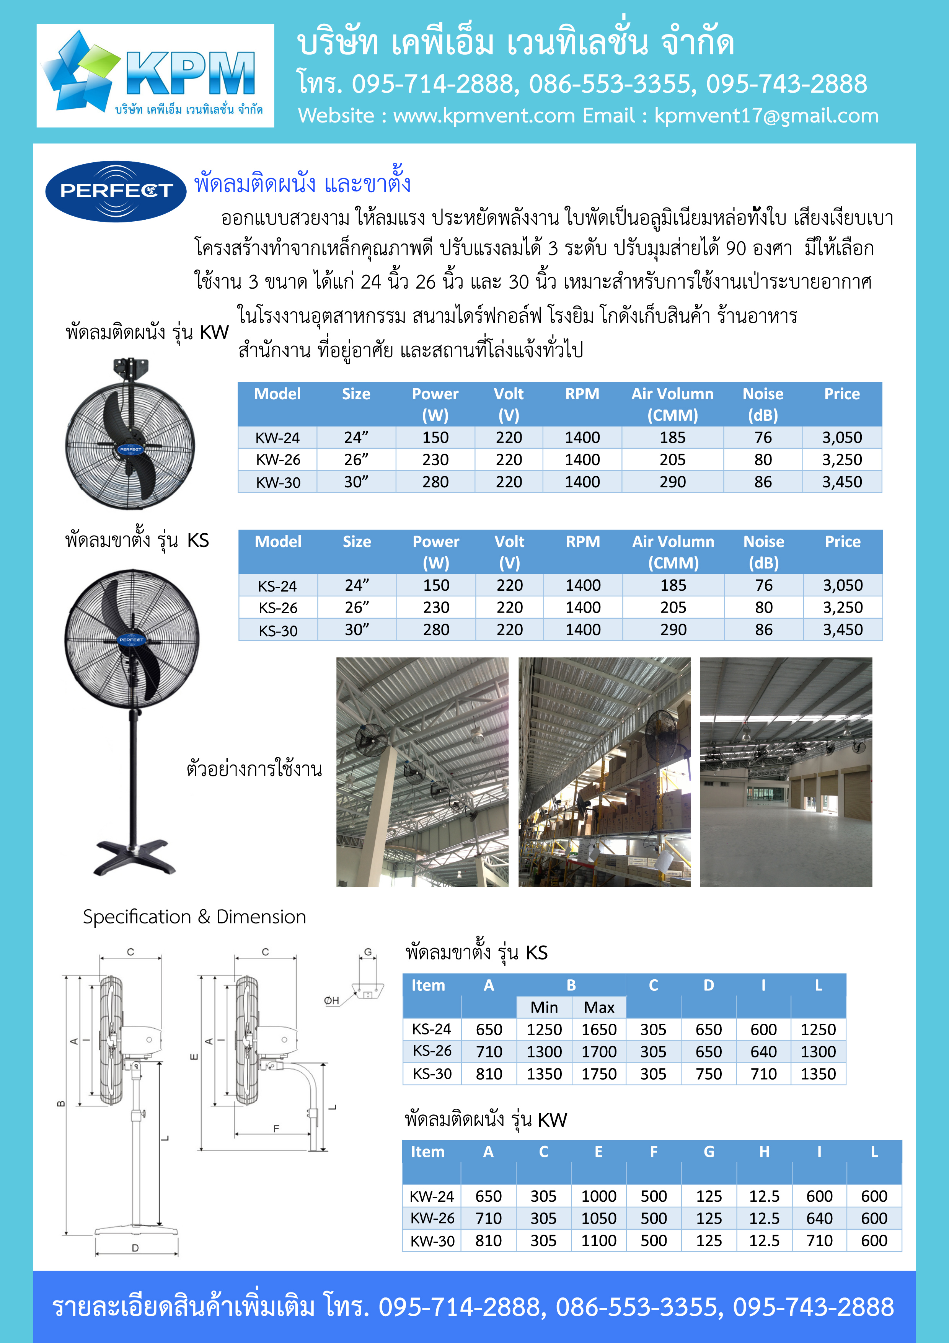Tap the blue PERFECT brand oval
[x=116, y=191]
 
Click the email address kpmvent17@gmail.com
[x=766, y=116]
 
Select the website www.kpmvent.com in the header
[x=484, y=116]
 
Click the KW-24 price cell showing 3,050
[x=841, y=438]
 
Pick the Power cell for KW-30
[x=435, y=482]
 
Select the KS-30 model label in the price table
[x=278, y=631]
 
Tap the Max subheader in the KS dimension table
[x=599, y=1007]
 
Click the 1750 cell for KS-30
[x=599, y=1074]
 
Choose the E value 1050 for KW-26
[x=598, y=1219]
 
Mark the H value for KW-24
[x=764, y=1196]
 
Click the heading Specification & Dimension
[x=194, y=917]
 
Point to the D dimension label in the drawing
[x=135, y=1248]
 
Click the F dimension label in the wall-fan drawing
[x=276, y=1128]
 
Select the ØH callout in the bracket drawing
[x=331, y=1001]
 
